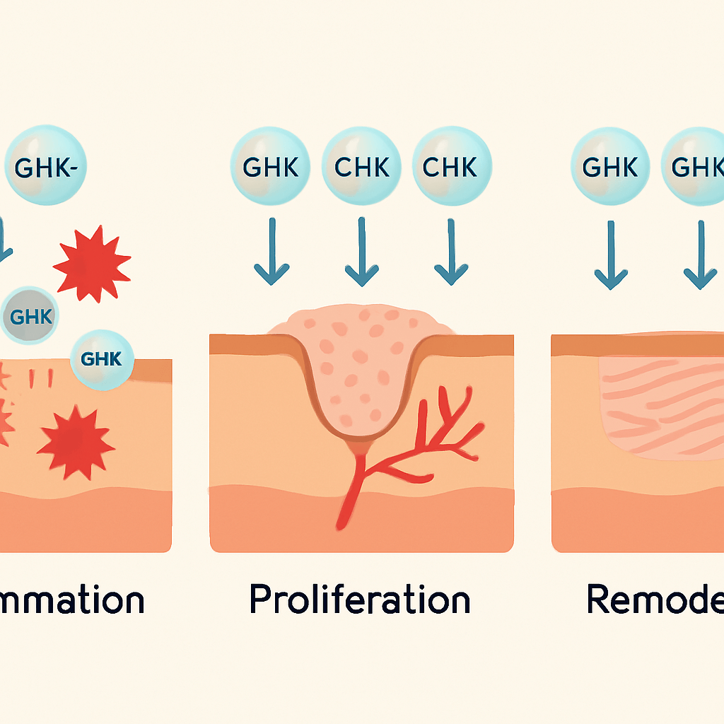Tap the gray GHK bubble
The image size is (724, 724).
[x=30, y=316]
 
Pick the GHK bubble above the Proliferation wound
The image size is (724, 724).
[x=271, y=167]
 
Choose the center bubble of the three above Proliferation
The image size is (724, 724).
[x=361, y=167]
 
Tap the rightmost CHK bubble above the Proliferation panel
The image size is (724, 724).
[x=452, y=167]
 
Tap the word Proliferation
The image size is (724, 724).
[x=360, y=600]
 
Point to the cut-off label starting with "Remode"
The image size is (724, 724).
[x=655, y=600]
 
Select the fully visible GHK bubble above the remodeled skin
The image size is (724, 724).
[x=610, y=167]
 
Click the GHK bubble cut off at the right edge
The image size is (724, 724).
[x=694, y=167]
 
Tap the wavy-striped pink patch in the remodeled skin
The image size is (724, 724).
[x=661, y=407]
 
